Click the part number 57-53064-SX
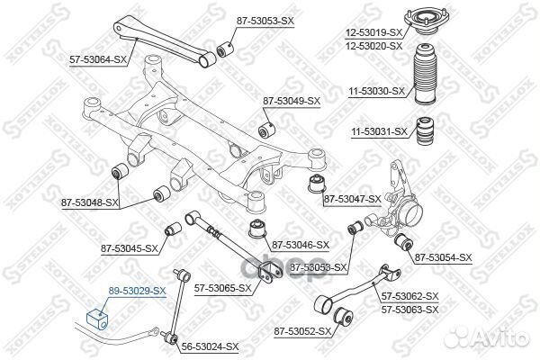pos(98,59)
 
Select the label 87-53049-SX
pos(291,100)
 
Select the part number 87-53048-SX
pos(91,202)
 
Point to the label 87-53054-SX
pos(443,257)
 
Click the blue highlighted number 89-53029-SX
pos(137,291)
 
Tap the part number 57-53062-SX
pos(409,296)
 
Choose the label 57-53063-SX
pos(409,309)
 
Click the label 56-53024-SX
pos(210,346)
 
